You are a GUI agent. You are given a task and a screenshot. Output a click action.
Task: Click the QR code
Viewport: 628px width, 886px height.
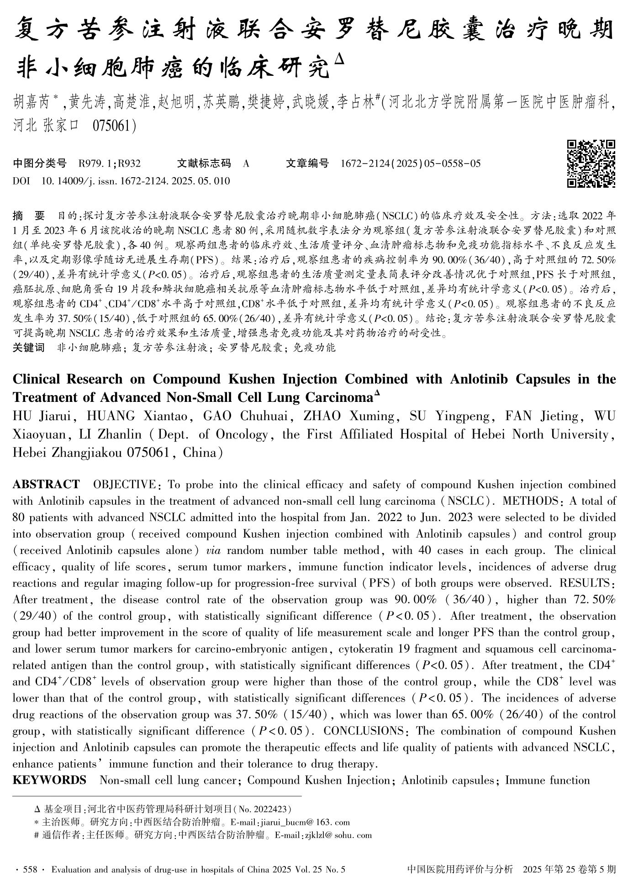coord(591,163)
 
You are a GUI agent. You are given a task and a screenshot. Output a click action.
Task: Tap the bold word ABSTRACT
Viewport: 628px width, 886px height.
coord(46,485)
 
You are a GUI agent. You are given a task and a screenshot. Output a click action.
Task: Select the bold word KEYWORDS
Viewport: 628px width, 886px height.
coord(49,780)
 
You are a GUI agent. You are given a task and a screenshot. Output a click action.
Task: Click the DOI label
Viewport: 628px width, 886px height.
coord(21,181)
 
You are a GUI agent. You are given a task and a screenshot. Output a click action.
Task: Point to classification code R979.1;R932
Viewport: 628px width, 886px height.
coord(110,163)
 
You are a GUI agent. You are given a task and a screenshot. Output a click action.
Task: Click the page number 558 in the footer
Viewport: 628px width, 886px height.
coord(30,870)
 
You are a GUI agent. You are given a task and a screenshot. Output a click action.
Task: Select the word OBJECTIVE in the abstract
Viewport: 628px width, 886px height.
coord(124,485)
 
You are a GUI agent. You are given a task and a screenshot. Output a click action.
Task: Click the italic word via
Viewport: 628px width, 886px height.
coord(213,550)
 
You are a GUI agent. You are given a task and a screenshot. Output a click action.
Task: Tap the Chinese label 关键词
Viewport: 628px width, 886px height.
coord(29,348)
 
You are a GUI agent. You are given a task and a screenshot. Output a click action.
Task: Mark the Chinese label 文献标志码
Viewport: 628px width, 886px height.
coord(204,163)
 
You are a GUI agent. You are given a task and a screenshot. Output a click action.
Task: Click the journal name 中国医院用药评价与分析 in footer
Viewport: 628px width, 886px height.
coord(460,870)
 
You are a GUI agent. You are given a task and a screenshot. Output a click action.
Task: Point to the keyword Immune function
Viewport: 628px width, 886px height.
coord(547,780)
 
